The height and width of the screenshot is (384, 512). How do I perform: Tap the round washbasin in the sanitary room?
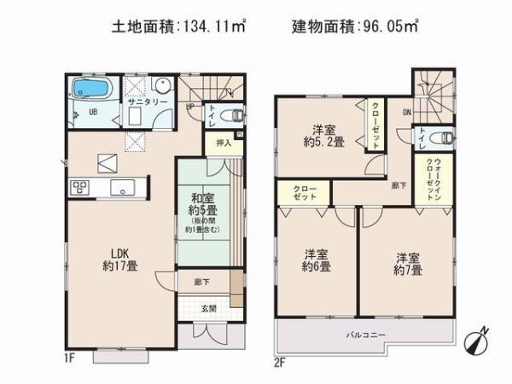pos(161,85)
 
